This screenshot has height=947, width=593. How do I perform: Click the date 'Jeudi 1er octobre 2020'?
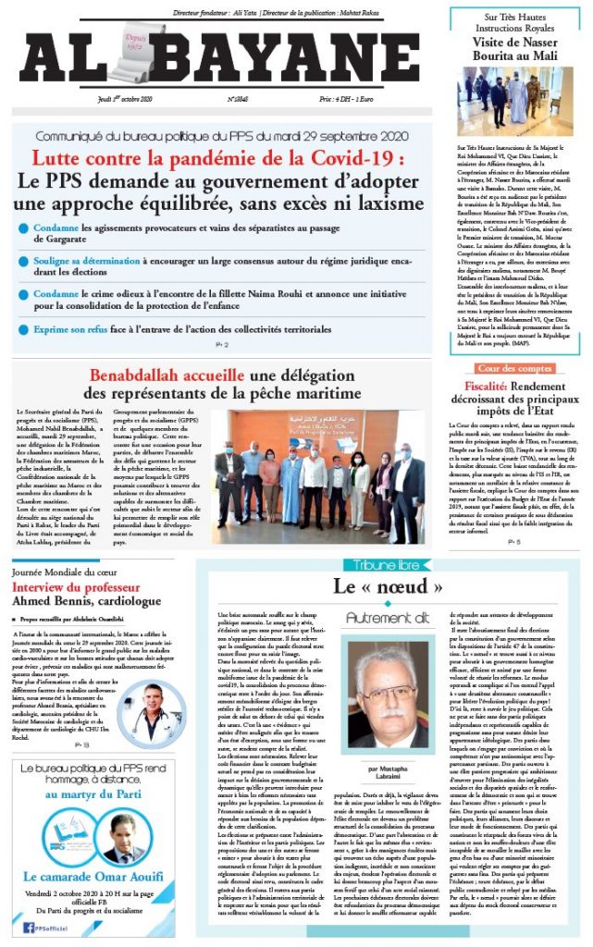click(130, 98)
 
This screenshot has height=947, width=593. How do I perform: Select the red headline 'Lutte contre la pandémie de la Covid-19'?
click(222, 158)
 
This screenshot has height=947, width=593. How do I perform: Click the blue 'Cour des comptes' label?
click(514, 368)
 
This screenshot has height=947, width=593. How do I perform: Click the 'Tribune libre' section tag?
click(380, 565)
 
